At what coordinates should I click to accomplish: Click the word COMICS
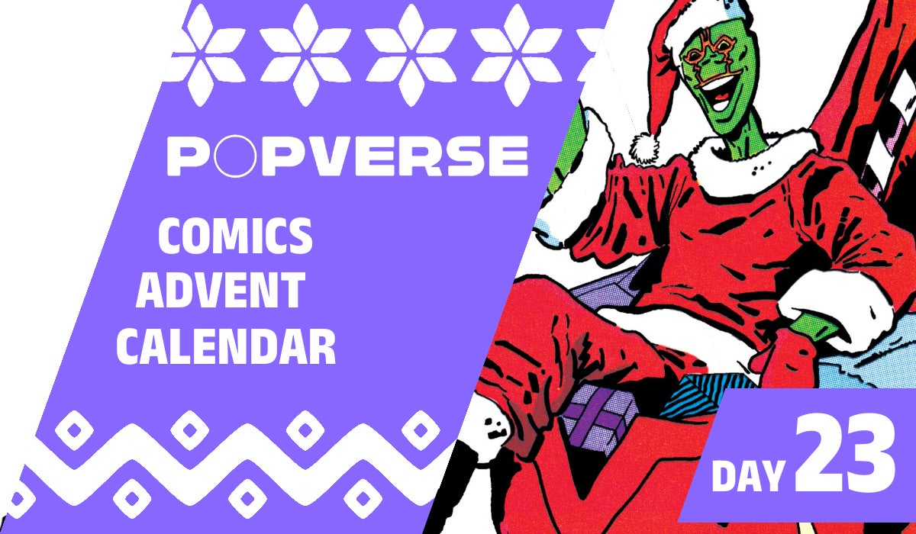(234, 236)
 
